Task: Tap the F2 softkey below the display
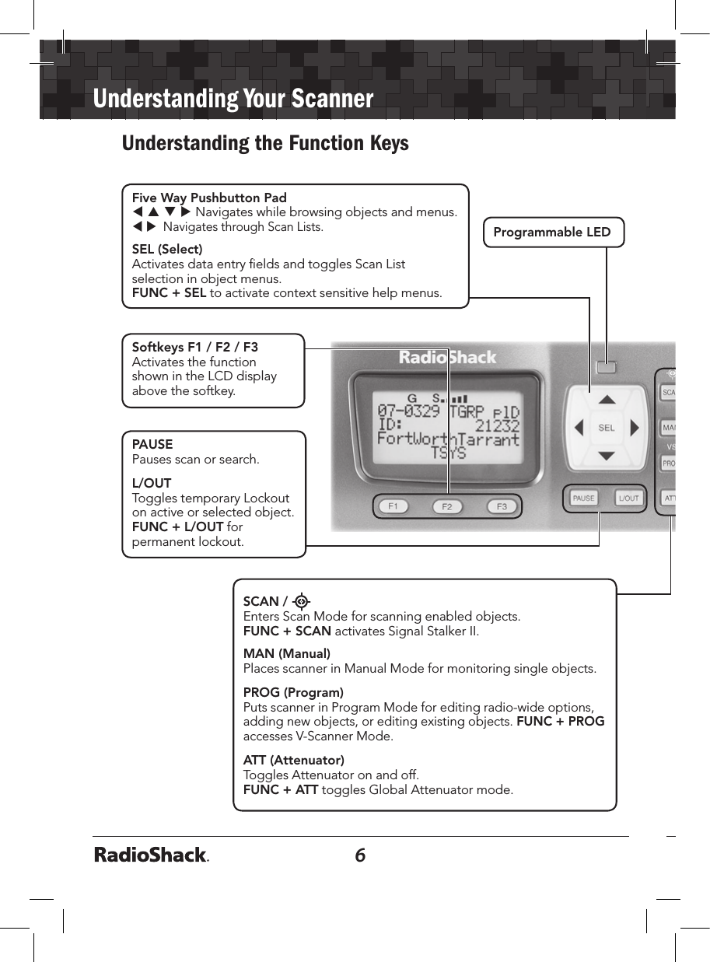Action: (x=446, y=507)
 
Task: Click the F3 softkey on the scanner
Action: (x=502, y=507)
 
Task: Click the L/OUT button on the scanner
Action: (x=628, y=498)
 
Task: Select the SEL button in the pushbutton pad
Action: (x=607, y=428)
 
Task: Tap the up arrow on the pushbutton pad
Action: (x=607, y=400)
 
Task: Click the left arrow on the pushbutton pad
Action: (x=578, y=428)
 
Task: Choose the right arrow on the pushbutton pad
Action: (x=635, y=428)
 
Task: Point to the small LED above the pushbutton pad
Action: (x=607, y=366)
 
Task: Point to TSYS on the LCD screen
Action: (x=448, y=453)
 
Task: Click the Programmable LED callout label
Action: (x=553, y=232)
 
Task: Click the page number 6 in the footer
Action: (x=360, y=855)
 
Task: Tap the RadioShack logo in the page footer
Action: (x=152, y=855)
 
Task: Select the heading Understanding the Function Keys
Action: (x=265, y=144)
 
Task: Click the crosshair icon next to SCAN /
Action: (x=302, y=601)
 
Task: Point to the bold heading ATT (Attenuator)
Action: (x=294, y=760)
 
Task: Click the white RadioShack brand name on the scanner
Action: (x=447, y=359)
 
